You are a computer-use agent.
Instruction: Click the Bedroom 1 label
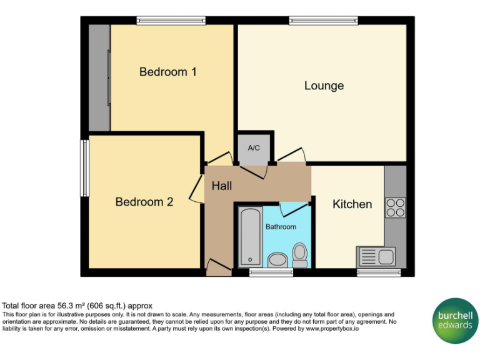click(167, 72)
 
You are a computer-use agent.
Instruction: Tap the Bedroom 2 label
click(144, 202)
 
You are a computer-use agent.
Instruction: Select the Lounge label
click(324, 86)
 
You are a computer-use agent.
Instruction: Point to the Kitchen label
click(352, 204)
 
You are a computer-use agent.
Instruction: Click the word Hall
click(221, 186)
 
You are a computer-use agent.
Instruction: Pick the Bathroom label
click(281, 226)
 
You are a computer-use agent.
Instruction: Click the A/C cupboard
click(254, 149)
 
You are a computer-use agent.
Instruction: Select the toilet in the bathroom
click(300, 255)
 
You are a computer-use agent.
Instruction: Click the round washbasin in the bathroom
click(276, 259)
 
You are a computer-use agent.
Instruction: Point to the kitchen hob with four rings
click(395, 207)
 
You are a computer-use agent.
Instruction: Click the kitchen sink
click(376, 256)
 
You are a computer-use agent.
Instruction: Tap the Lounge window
click(323, 21)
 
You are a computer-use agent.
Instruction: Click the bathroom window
click(266, 272)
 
